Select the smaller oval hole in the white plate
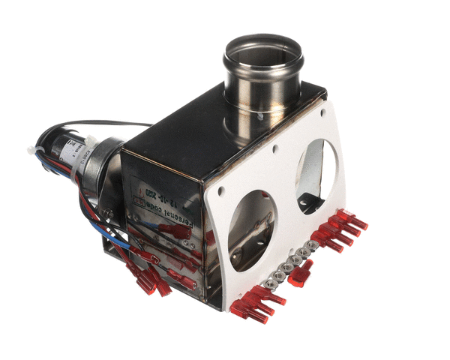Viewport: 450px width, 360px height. (316, 174)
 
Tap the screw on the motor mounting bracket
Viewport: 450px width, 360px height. (109, 213)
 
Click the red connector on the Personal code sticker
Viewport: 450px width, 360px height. (177, 232)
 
